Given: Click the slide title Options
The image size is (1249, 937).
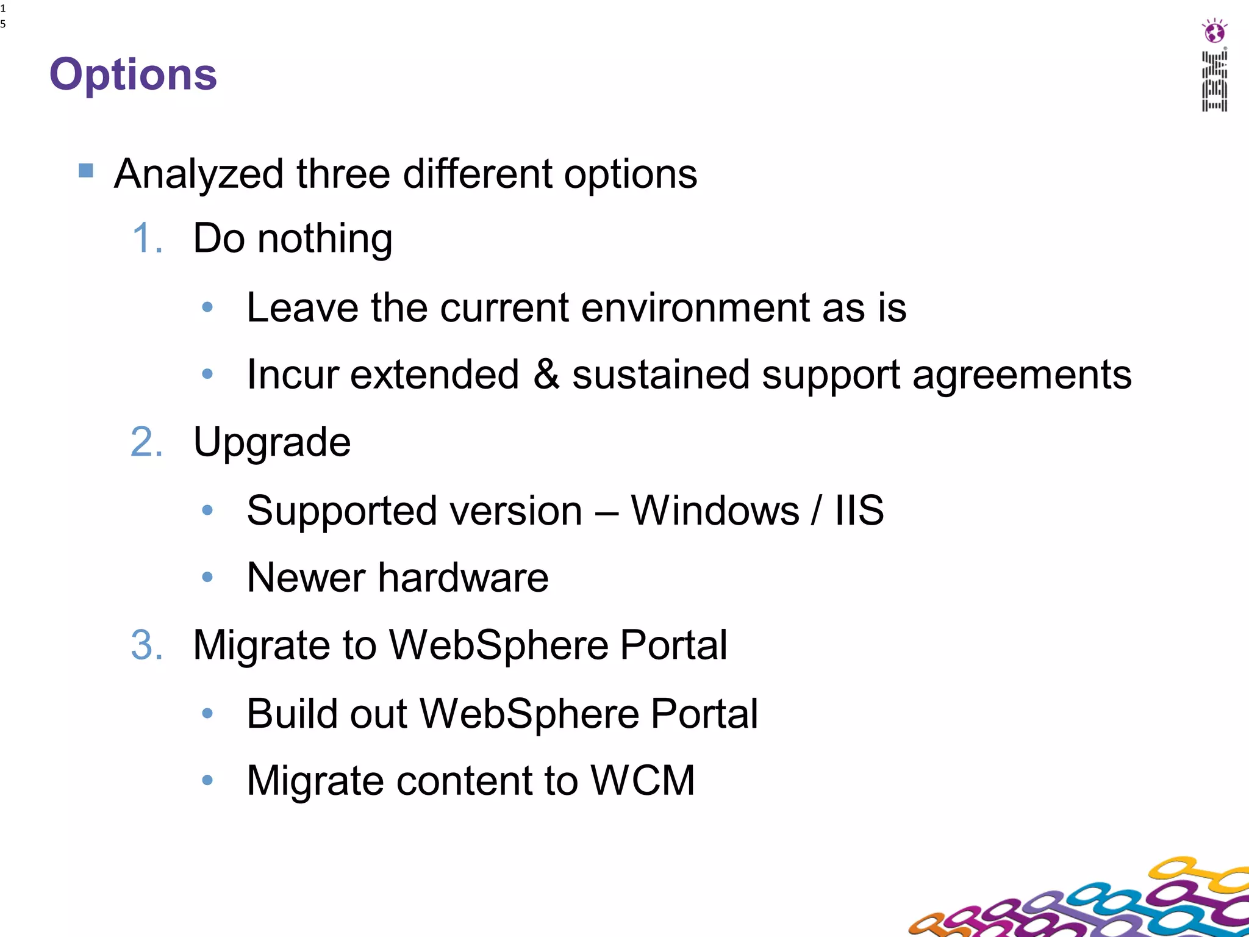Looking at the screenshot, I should click(133, 74).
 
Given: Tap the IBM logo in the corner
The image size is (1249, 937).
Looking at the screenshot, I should click(1214, 81).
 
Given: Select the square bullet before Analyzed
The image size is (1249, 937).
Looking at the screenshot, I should click(86, 170).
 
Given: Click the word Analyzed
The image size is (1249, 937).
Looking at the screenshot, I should click(199, 174).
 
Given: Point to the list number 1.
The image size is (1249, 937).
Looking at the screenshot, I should click(147, 238).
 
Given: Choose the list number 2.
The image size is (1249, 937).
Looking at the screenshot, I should click(147, 442).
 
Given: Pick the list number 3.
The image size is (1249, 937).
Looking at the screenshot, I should click(147, 645).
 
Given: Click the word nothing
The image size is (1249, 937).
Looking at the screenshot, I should click(324, 239).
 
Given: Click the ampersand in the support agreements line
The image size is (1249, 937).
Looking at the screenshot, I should click(546, 374).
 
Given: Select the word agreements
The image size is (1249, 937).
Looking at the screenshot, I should click(1022, 375).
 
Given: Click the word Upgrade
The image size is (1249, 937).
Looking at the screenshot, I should click(272, 443).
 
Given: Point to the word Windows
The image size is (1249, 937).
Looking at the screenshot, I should click(714, 510).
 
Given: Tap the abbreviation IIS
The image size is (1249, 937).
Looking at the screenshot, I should click(859, 510).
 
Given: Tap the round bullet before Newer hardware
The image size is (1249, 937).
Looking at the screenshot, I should click(207, 576).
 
